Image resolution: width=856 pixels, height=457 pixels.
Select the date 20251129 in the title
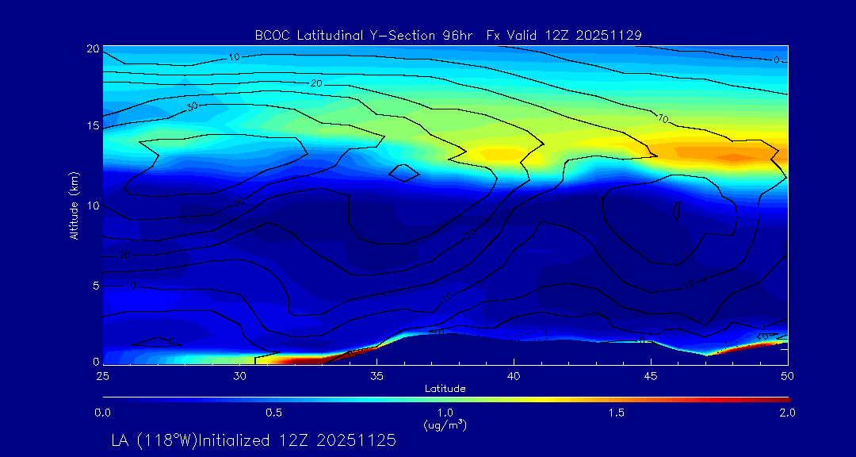click(x=610, y=35)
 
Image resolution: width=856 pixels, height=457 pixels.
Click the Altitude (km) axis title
click(x=74, y=205)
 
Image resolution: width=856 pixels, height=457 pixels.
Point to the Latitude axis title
click(x=445, y=388)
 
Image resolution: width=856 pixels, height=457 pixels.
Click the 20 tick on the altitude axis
click(x=92, y=49)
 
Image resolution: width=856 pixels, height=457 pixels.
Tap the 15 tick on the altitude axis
click(x=92, y=126)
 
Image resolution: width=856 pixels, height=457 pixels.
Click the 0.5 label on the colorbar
click(x=273, y=413)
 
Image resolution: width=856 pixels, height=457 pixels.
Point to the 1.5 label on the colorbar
click(x=617, y=413)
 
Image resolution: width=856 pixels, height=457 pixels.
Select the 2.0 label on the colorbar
click(x=787, y=413)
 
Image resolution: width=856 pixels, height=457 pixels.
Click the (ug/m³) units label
click(x=445, y=425)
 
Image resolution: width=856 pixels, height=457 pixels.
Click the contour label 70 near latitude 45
click(x=663, y=119)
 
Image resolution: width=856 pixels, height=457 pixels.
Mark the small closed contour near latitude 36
click(x=404, y=173)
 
